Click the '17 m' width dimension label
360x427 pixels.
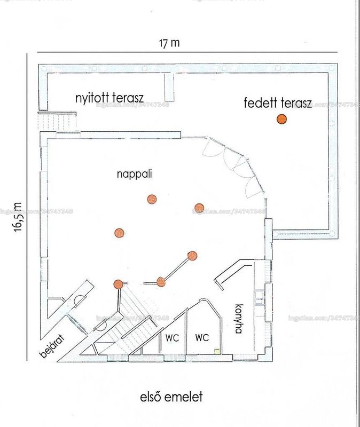coord(169,43)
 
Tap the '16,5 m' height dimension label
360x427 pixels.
coord(18,217)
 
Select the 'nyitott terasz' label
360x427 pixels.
coord(109,98)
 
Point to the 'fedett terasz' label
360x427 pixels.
coord(278,103)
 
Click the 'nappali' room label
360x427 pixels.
coord(135,174)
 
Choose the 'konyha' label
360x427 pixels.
coord(238,319)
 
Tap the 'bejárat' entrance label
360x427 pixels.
coord(52,346)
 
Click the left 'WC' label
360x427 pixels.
coord(172,338)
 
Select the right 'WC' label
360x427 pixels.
coord(202,338)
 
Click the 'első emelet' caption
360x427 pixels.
coord(171,397)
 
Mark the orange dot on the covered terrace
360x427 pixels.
coord(281,119)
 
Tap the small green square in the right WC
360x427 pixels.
coord(217,351)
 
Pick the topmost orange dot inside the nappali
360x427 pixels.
coord(152,199)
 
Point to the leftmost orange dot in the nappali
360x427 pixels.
coord(119,233)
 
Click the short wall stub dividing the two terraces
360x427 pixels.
coord(169,87)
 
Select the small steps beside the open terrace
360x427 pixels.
coord(57,122)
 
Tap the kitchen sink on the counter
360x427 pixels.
coord(259,296)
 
